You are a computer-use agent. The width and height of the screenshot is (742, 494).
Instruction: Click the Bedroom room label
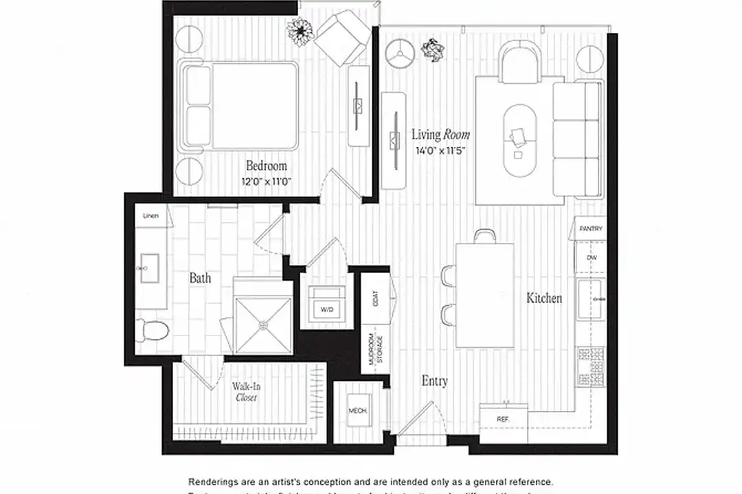tap(267, 166)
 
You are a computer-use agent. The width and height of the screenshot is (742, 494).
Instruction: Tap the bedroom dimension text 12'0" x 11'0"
tap(267, 182)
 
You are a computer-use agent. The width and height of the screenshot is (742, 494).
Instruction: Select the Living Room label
tap(440, 135)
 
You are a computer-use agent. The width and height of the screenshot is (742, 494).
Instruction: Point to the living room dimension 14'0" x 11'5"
tap(440, 150)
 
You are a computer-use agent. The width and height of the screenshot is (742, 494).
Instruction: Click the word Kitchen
tap(544, 298)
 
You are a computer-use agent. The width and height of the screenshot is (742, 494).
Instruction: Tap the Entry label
tap(434, 381)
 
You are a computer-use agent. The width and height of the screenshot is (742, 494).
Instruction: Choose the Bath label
tap(200, 279)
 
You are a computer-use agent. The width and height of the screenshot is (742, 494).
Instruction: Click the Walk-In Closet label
tap(246, 391)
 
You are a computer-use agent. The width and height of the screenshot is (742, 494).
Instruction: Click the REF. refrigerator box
tap(502, 418)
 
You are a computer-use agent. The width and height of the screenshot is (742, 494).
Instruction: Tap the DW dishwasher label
tap(591, 257)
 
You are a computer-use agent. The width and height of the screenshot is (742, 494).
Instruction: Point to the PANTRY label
tap(591, 228)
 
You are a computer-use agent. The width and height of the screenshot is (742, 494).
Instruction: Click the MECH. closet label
tap(357, 411)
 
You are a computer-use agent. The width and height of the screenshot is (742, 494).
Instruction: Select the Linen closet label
tap(150, 216)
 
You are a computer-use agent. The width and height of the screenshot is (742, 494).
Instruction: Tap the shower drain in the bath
tap(262, 325)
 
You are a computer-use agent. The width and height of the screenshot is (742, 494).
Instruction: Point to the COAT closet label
tap(375, 298)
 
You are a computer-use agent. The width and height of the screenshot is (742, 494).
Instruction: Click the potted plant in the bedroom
tap(300, 31)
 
